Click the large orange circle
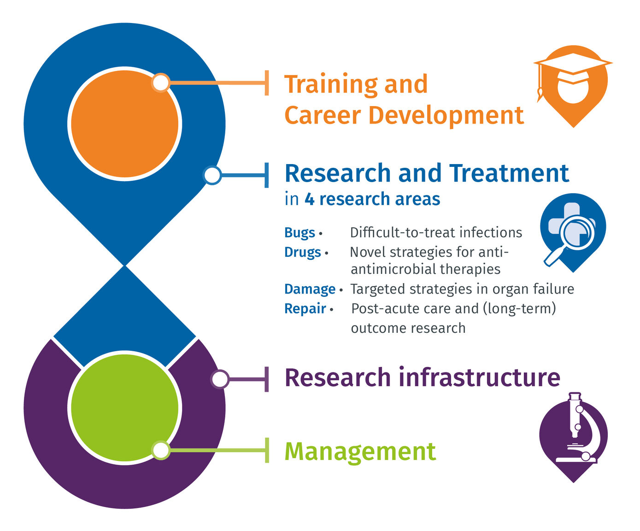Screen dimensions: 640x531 coord(124,124)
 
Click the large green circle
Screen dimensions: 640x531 coord(124,408)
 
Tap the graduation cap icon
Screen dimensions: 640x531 coord(573,86)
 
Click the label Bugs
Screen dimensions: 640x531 coord(299,233)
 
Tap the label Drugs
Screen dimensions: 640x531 coord(303,253)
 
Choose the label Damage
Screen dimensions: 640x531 coord(310,289)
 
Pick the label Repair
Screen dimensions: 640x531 coord(305,309)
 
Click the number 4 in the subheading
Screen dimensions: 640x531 coord(309,199)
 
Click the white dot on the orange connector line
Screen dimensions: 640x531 coord(161,83)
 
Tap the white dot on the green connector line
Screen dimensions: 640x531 coord(161,450)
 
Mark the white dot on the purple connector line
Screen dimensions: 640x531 coord(220,379)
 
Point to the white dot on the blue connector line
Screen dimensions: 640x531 coord(212,175)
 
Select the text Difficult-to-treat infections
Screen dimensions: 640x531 coord(436,233)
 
